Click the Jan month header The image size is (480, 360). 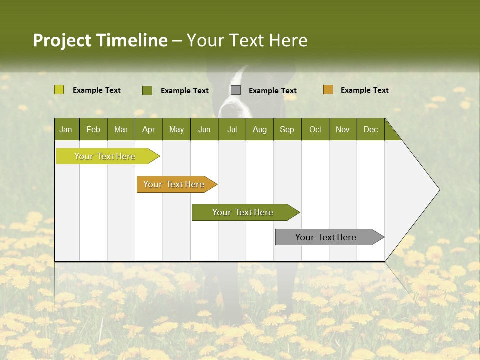tap(66, 129)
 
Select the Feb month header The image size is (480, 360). tap(93, 129)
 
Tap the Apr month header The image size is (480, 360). tap(148, 129)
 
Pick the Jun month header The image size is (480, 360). tap(204, 129)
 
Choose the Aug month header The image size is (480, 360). tap(259, 129)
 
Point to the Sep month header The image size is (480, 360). tap(287, 129)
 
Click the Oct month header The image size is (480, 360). tap(315, 129)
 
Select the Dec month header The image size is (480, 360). tap(370, 129)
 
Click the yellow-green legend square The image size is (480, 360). tap(59, 90)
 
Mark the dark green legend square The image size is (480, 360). tap(147, 90)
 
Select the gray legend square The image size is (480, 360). tap(235, 90)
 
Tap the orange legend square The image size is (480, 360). tap(328, 90)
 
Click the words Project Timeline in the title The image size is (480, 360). tap(100, 40)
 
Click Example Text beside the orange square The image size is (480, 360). tap(364, 90)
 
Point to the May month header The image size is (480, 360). tap(176, 129)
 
